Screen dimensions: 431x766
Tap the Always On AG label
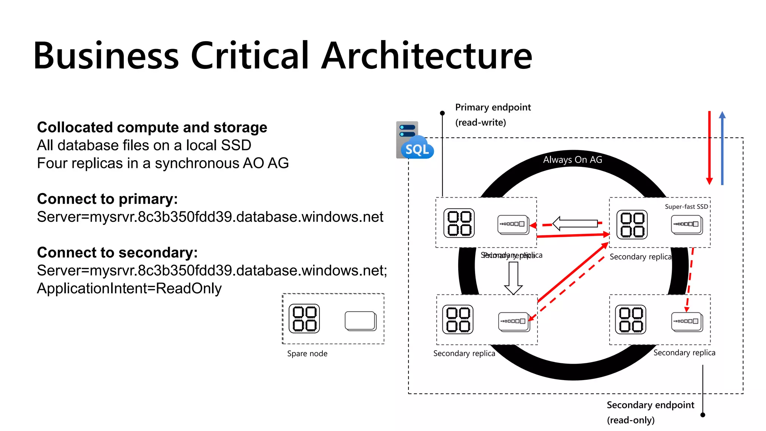pos(573,160)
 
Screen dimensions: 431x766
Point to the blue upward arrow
pos(722,148)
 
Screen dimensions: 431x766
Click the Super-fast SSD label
pos(686,207)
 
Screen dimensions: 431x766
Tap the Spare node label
pos(307,354)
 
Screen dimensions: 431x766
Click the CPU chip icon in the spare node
pos(304,318)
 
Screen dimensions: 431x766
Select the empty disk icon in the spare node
pos(361,321)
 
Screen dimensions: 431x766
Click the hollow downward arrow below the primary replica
pos(513,278)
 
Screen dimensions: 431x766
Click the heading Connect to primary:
pos(107,199)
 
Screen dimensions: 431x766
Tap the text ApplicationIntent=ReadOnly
pos(129,288)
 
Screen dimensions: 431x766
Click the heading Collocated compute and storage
pos(152,127)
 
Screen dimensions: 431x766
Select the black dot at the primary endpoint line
pos(442,113)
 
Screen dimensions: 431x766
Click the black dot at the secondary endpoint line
pos(702,415)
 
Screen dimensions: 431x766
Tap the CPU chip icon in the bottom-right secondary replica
pos(631,320)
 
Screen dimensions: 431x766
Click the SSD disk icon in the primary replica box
pos(513,224)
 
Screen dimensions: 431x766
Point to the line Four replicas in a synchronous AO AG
pos(163,163)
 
